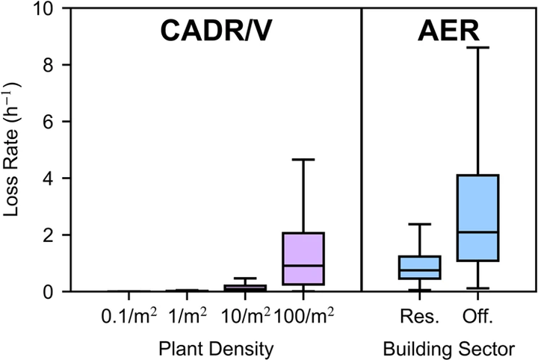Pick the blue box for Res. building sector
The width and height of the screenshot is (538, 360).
click(x=420, y=267)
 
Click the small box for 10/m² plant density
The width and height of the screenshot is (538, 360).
click(x=245, y=288)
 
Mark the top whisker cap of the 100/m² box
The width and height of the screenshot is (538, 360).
click(x=303, y=159)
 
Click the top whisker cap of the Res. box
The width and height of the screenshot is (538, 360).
click(x=420, y=224)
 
